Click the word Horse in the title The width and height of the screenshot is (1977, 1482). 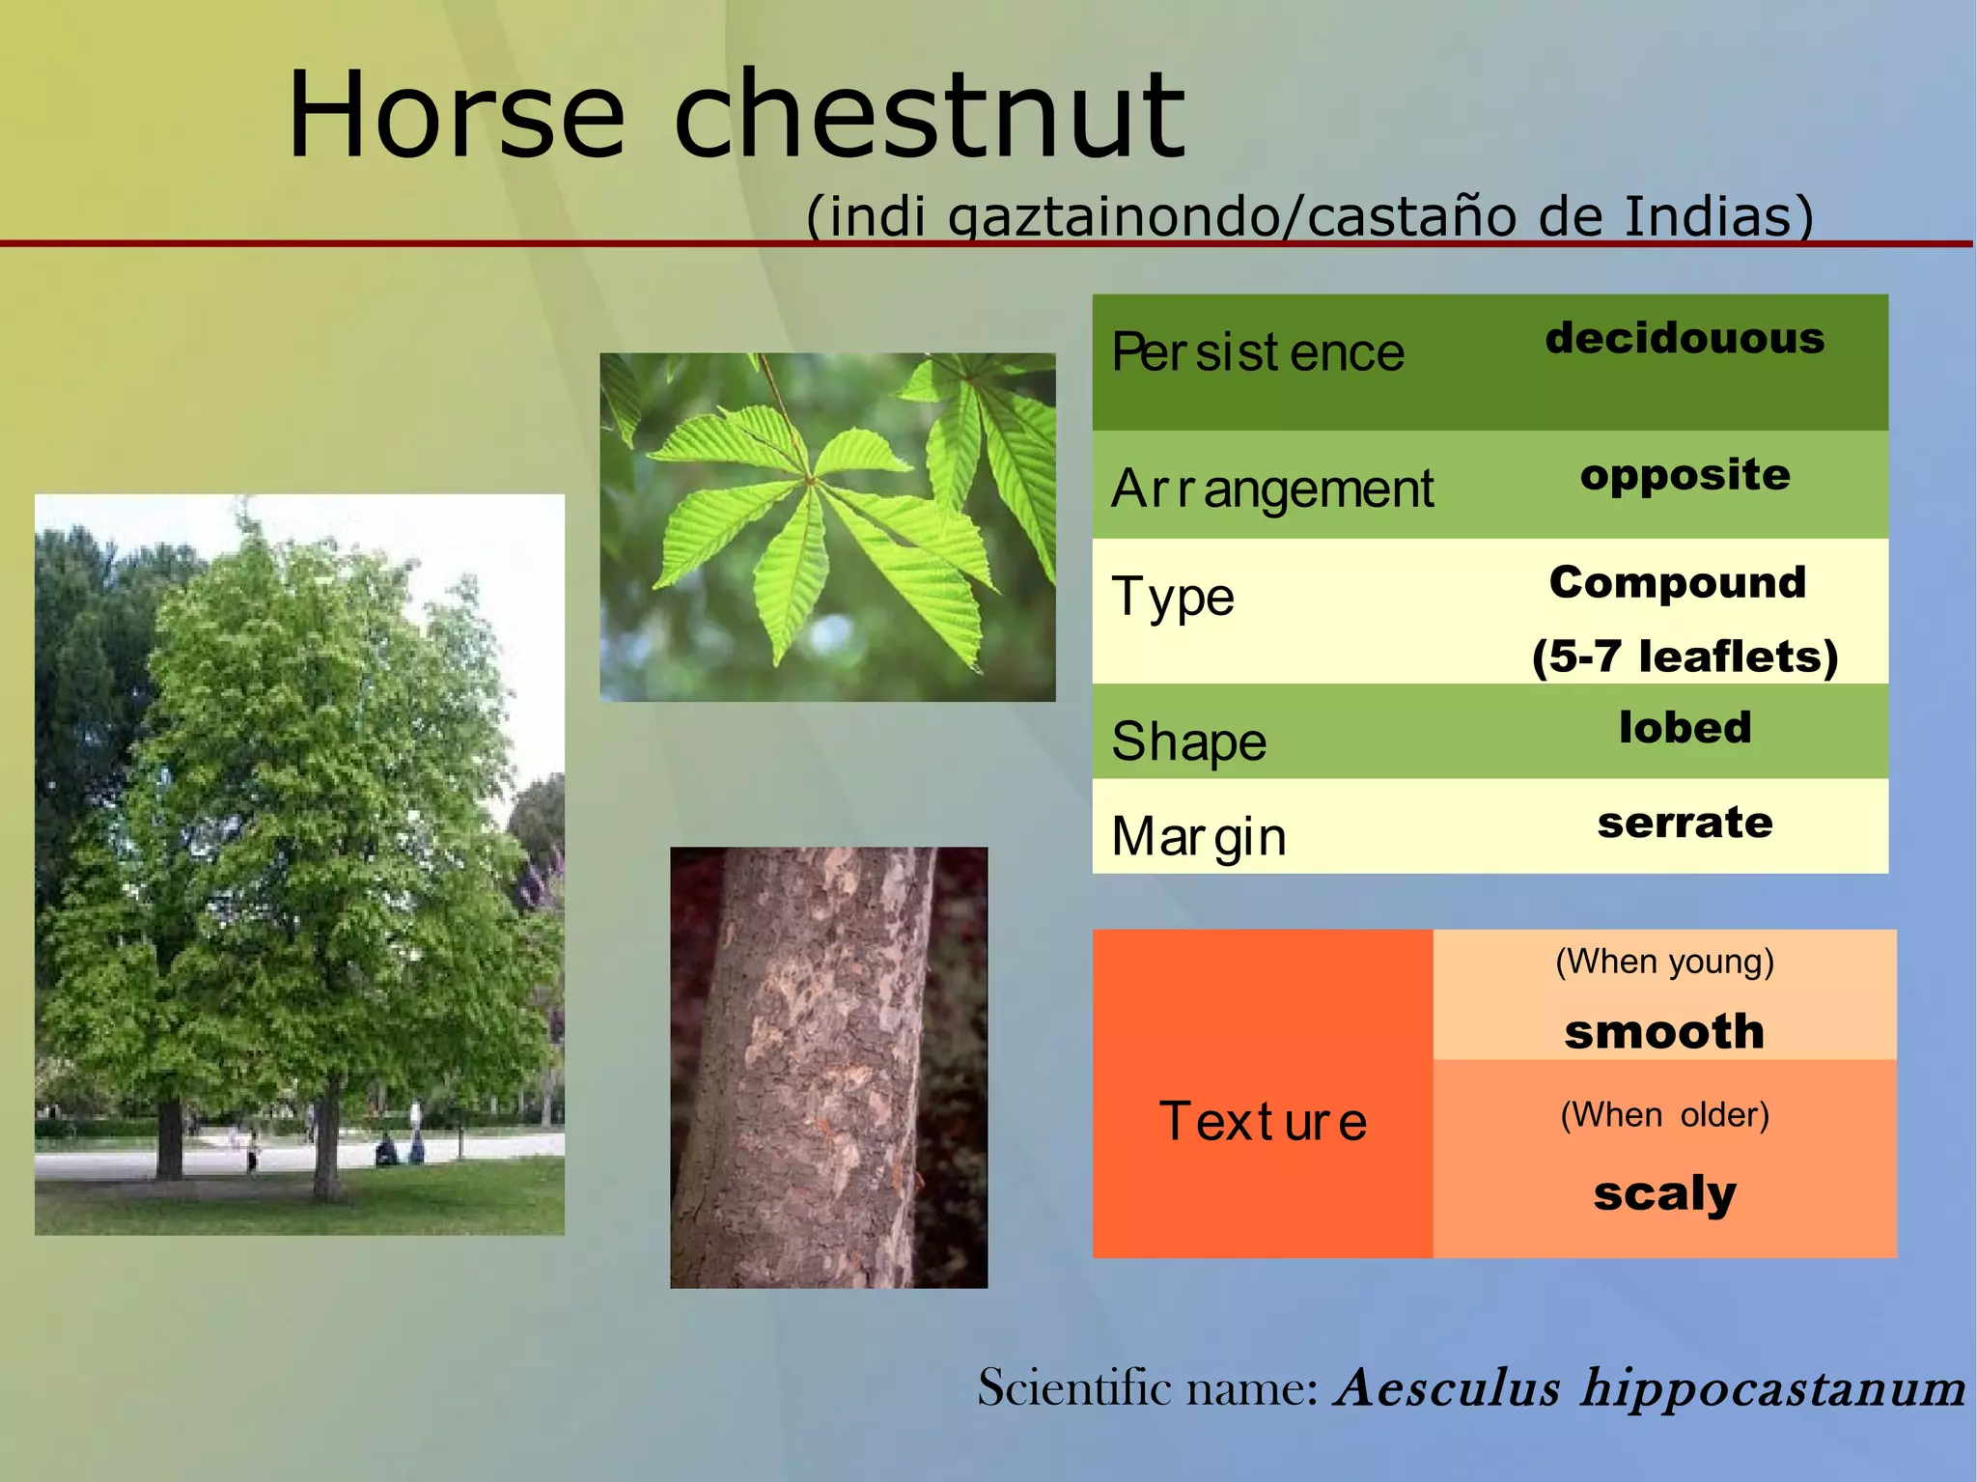point(456,116)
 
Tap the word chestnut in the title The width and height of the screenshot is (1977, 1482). point(929,116)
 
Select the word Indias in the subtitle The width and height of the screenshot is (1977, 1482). point(1718,216)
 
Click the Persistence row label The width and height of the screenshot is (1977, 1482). point(1257,352)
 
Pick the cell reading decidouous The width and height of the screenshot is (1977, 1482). point(1685,338)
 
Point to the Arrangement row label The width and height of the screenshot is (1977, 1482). point(1271,489)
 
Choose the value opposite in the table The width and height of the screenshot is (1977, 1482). point(1685,475)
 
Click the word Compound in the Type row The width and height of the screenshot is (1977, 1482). point(1678,582)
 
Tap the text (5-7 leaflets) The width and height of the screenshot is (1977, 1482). point(1685,657)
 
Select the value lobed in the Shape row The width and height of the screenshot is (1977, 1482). point(1685,727)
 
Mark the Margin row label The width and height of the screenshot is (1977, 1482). point(1198,836)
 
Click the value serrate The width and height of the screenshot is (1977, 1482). point(1685,823)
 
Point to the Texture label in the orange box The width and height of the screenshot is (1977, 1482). point(1263,1122)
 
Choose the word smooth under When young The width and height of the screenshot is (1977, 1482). point(1664,1031)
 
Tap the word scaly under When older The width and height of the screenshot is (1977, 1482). point(1664,1193)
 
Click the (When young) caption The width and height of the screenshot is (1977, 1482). point(1664,962)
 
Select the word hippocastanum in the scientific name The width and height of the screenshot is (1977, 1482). point(1772,1388)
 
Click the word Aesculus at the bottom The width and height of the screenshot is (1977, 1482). point(1446,1388)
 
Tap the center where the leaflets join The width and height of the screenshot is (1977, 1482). point(810,479)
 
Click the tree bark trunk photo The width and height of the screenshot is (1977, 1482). point(828,1067)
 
